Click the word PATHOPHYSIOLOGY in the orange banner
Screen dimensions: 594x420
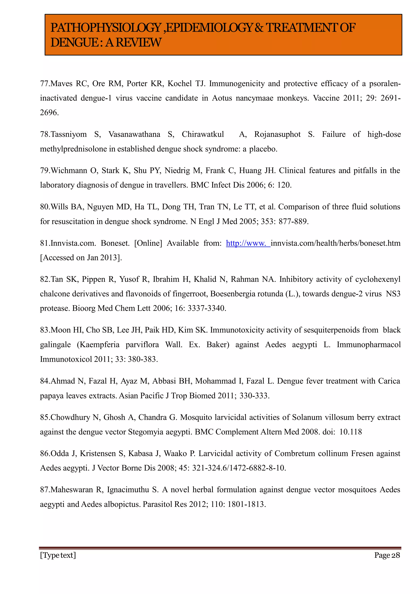106,28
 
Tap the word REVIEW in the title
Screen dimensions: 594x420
138,42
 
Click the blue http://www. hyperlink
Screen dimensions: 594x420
248,243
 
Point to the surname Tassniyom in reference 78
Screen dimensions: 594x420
68,134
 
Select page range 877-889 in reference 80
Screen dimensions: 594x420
293,221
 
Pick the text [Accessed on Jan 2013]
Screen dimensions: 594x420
81,258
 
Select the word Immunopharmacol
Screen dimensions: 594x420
369,345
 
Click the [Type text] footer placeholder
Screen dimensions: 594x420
58,555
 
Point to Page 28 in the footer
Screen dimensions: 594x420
387,555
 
